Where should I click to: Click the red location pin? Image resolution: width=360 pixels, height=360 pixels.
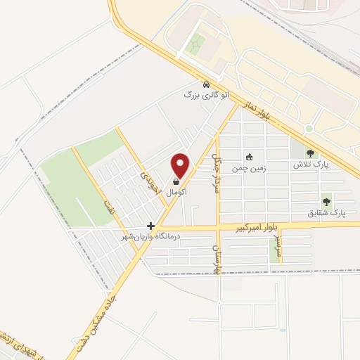click(x=181, y=165)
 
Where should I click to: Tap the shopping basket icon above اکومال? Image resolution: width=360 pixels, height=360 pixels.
click(x=175, y=182)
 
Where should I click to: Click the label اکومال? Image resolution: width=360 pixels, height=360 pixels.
click(x=176, y=191)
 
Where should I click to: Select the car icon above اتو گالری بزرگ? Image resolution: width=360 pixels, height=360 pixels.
click(x=205, y=84)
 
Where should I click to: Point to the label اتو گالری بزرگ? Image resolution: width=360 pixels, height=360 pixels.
click(x=203, y=94)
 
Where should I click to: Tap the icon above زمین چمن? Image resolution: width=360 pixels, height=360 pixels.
click(x=249, y=156)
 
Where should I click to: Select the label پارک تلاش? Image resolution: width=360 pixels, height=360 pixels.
click(x=311, y=164)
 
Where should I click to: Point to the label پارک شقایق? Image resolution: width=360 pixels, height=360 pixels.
click(x=327, y=211)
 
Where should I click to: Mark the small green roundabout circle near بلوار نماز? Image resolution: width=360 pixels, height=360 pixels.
click(x=309, y=129)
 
